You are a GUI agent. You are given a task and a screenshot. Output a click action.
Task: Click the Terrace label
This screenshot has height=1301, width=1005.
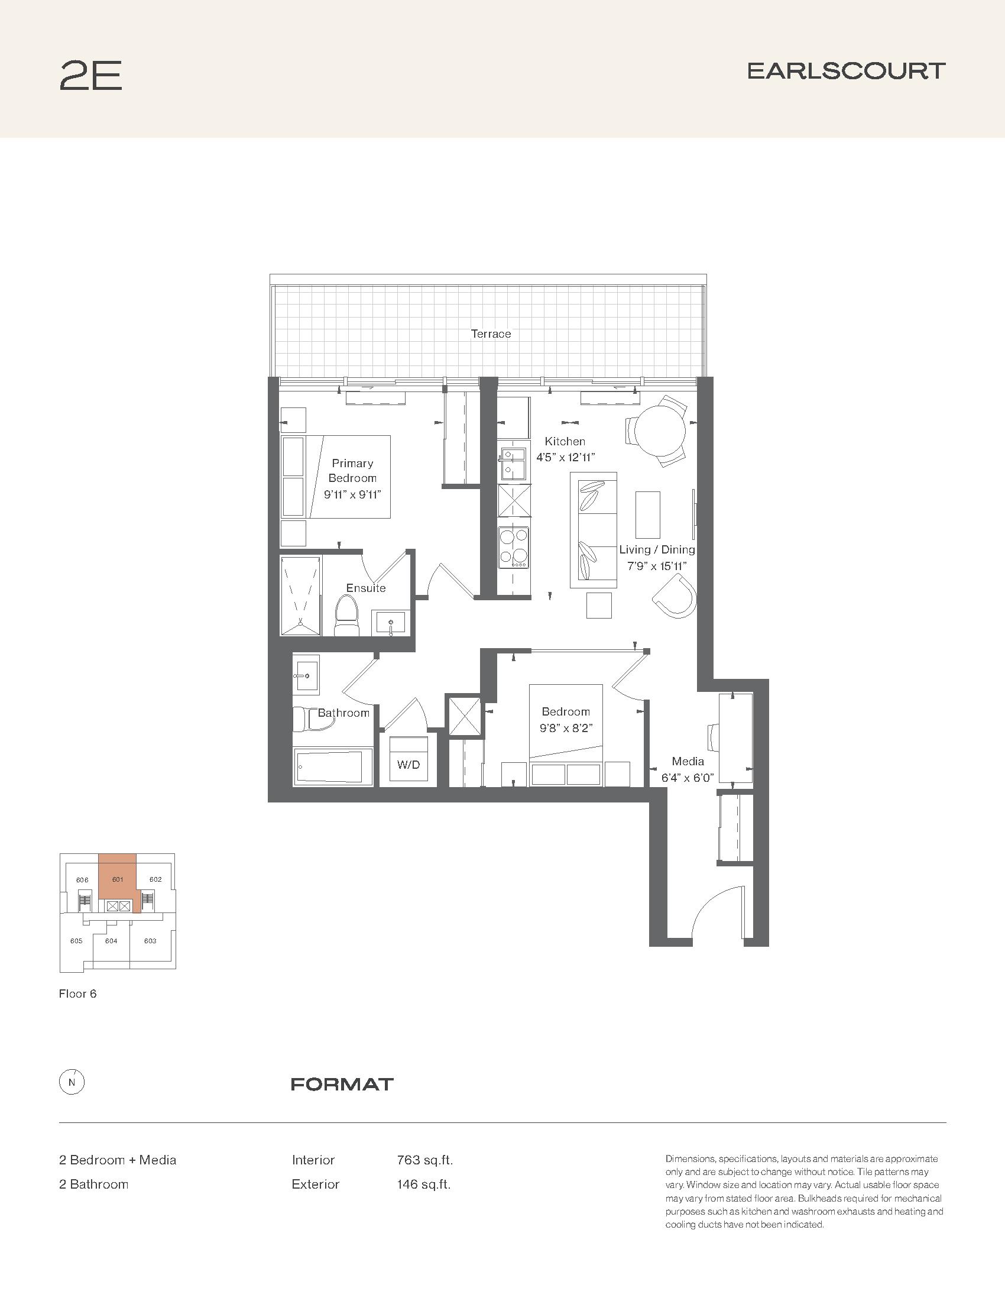click(x=491, y=334)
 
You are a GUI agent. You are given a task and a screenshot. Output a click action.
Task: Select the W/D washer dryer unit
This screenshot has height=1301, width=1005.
click(x=408, y=760)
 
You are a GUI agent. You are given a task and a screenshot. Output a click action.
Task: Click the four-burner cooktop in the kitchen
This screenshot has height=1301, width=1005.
click(x=514, y=547)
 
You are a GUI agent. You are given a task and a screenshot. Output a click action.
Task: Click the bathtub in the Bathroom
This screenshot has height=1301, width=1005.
click(x=332, y=766)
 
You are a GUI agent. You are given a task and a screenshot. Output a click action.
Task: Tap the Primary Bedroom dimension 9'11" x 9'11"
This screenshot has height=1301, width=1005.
click(x=352, y=494)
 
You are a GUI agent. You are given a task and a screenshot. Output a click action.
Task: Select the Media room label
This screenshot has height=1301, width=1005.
click(x=688, y=760)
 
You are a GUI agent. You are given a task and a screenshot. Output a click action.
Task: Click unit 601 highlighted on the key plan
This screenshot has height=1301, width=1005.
click(x=117, y=880)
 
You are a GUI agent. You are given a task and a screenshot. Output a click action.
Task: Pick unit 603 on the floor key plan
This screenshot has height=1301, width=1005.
click(x=150, y=941)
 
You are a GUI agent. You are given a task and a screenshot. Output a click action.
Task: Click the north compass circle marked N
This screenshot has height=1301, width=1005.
click(x=72, y=1083)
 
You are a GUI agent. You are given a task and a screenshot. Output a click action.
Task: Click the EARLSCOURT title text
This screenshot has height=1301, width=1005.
click(x=846, y=71)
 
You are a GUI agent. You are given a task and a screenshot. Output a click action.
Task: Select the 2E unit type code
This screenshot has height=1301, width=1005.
click(x=90, y=76)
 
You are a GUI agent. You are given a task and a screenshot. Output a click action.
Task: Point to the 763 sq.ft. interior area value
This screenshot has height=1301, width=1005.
click(x=424, y=1160)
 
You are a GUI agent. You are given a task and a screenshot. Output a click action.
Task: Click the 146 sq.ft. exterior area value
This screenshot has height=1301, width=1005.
click(x=424, y=1185)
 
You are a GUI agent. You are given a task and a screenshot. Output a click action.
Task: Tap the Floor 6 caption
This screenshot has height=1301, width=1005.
click(x=77, y=993)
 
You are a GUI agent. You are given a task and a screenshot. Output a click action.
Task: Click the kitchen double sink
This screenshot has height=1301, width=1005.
click(x=513, y=464)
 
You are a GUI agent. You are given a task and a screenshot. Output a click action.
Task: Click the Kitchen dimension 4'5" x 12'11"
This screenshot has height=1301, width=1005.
click(x=565, y=458)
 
